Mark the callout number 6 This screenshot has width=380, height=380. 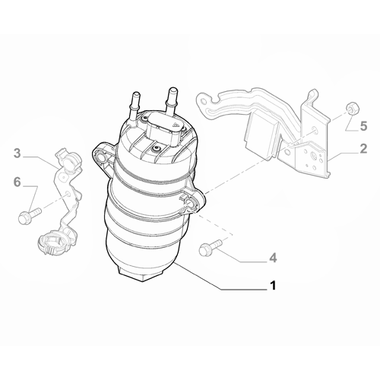point(17,182)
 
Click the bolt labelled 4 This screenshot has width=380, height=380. point(207,248)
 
